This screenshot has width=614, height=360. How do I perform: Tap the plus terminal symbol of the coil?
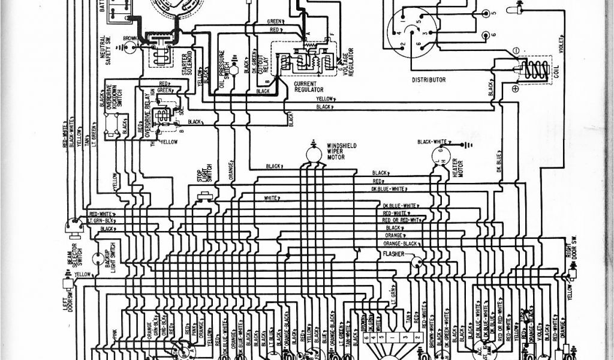click(x=516, y=89)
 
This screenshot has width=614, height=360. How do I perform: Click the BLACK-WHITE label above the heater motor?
click(x=433, y=141)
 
